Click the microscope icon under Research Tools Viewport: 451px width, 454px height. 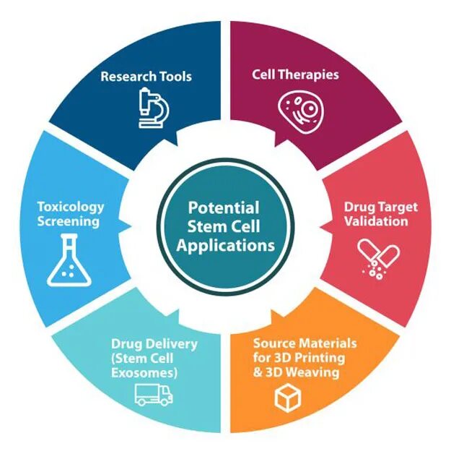pos(153,108)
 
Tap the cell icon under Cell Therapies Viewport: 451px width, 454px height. pos(298,110)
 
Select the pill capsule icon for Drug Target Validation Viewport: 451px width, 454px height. pos(378,257)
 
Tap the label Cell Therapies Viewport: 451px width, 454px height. pos(295,74)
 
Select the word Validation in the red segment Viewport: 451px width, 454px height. pos(377,220)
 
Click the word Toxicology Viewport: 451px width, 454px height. pos(71,207)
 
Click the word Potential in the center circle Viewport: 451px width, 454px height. pos(225,207)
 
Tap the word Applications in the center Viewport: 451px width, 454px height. pos(226,245)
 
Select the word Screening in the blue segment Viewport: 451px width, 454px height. pos(69,220)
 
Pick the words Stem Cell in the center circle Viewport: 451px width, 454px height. pos(225,226)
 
